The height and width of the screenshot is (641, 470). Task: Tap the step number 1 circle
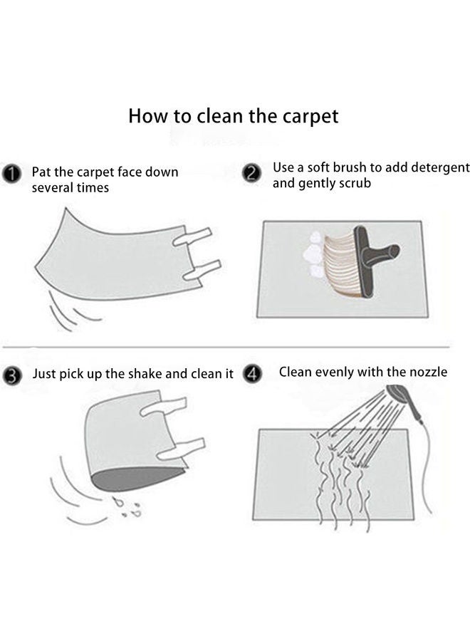pyautogui.click(x=11, y=174)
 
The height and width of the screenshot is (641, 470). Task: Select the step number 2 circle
pyautogui.click(x=251, y=173)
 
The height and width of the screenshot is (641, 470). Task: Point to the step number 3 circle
pyautogui.click(x=12, y=375)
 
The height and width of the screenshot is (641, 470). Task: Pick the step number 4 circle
pyautogui.click(x=252, y=374)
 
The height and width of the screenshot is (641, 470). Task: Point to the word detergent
pyautogui.click(x=441, y=168)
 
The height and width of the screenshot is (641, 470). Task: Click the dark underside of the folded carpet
pyautogui.click(x=137, y=479)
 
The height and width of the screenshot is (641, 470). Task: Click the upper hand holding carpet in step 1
pyautogui.click(x=192, y=236)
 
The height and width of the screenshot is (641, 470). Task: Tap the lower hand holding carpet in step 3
pyautogui.click(x=181, y=449)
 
